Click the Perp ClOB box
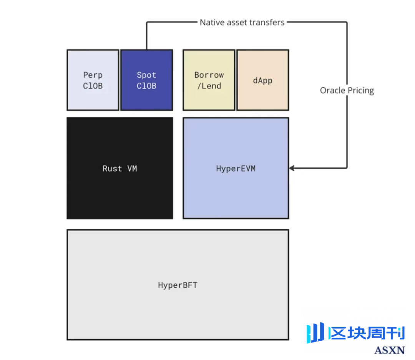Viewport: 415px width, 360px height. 93,80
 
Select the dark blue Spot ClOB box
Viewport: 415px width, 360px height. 146,80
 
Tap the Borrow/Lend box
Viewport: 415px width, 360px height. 209,80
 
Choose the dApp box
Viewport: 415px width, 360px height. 262,80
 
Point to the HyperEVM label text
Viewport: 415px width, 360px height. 236,169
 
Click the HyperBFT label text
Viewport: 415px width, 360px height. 178,285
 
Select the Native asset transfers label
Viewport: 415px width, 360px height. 242,22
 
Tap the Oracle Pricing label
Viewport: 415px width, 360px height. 347,91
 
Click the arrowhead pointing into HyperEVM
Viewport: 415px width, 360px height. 292,168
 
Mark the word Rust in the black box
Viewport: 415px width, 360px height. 112,169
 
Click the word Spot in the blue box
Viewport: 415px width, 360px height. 146,75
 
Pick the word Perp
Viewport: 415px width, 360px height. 93,75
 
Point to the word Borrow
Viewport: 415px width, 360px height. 209,75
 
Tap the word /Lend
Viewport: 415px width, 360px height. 209,86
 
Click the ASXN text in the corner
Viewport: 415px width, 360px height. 389,350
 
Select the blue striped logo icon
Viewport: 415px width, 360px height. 315,333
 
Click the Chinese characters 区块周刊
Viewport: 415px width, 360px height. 367,333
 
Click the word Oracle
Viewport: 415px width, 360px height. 332,91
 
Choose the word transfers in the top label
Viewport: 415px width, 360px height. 267,22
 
